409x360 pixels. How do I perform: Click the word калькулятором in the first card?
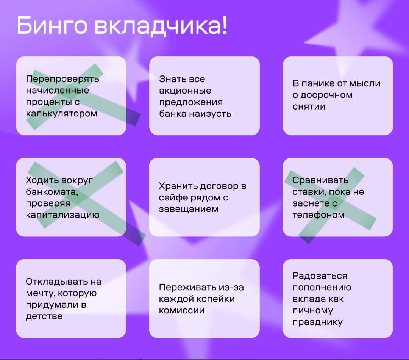pos(62,114)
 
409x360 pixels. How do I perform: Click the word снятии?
pos(309,106)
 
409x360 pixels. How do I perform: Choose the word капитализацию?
pos(62,215)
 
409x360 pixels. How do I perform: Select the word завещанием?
pos(189,209)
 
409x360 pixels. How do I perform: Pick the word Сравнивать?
pos(320,180)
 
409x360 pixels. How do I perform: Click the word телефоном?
pos(318,215)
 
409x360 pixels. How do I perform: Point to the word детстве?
pos(44,316)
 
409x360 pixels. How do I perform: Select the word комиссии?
pos(181,311)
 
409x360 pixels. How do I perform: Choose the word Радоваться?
pos(320,276)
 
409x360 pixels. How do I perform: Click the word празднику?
pos(317,322)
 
